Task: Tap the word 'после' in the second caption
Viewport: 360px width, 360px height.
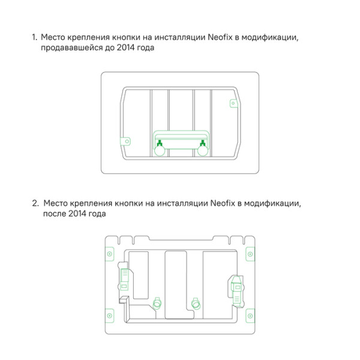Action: tap(55, 214)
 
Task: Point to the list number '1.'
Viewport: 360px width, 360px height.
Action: tap(35, 38)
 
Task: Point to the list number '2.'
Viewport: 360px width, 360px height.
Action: tap(35, 203)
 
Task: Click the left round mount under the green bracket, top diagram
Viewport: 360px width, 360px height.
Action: tap(160, 152)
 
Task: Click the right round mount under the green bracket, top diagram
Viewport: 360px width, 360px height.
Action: tap(203, 152)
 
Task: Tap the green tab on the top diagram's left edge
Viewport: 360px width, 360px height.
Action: tap(125, 142)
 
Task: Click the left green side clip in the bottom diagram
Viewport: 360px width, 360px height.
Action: tap(125, 279)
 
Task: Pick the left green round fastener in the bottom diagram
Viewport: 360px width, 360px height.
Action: tap(158, 303)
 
